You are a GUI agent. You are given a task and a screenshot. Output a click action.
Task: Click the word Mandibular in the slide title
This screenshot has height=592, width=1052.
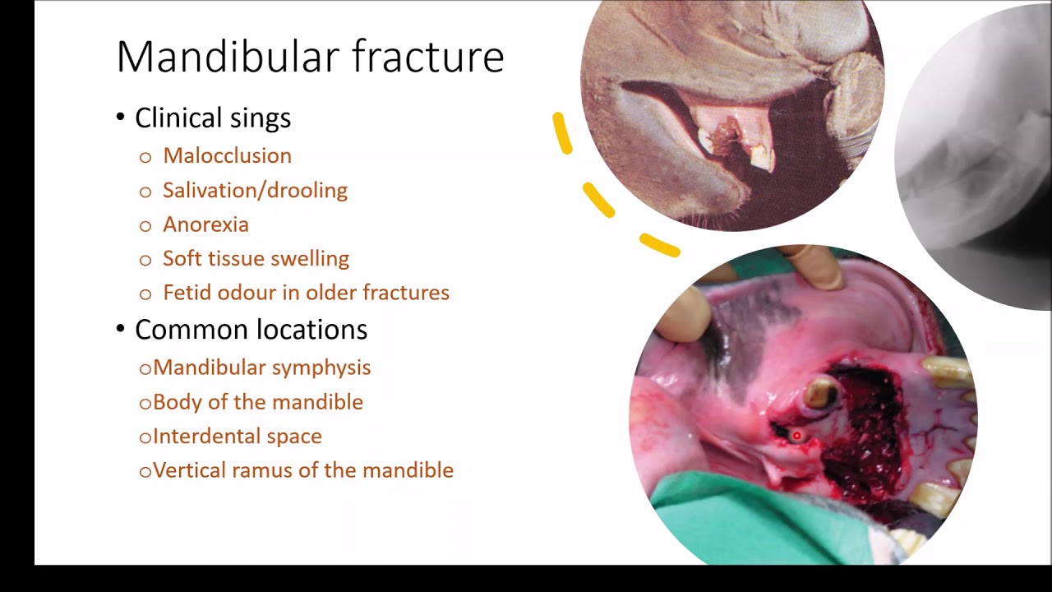pyautogui.click(x=227, y=58)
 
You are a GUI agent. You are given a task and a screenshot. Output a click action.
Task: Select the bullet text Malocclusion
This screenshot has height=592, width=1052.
pyautogui.click(x=227, y=155)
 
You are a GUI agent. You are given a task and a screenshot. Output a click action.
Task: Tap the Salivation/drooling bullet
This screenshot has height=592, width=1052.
pyautogui.click(x=255, y=190)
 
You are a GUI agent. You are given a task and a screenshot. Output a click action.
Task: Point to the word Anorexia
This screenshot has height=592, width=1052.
pyautogui.click(x=205, y=224)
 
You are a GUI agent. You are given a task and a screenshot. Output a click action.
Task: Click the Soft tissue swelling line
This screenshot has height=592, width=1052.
pyautogui.click(x=256, y=258)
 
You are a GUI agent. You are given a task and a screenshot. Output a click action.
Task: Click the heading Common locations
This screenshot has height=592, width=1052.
pyautogui.click(x=251, y=330)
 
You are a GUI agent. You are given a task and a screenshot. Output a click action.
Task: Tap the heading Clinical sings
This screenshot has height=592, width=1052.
pyautogui.click(x=212, y=118)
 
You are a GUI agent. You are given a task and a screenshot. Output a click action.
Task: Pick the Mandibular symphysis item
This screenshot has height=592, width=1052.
pyautogui.click(x=261, y=368)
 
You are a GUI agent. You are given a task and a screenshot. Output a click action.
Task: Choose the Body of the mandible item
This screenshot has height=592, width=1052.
pyautogui.click(x=257, y=402)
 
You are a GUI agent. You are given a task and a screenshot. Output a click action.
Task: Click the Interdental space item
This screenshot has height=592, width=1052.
pyautogui.click(x=237, y=437)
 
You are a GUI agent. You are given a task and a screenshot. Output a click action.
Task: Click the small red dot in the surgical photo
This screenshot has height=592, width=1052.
pyautogui.click(x=796, y=436)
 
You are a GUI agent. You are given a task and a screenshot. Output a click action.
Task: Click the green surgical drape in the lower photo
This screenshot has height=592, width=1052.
pyautogui.click(x=740, y=518)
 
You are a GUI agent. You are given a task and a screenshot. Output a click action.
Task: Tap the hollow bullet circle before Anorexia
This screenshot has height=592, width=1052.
pyautogui.click(x=145, y=225)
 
